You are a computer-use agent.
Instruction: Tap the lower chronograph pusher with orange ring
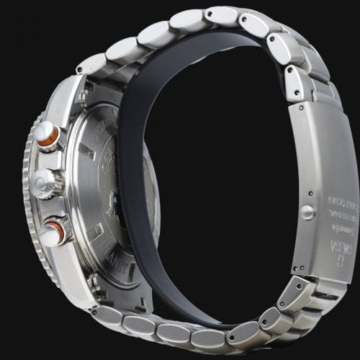54,232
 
